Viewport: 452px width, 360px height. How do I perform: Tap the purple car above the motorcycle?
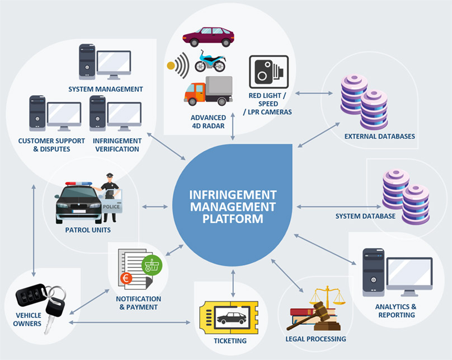pos(208,37)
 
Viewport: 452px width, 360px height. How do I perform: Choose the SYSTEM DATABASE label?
pos(365,216)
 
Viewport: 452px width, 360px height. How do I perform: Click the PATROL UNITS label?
pos(88,230)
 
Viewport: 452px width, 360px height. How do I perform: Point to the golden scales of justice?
pos(327,300)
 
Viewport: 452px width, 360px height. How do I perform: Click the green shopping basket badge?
pos(152,264)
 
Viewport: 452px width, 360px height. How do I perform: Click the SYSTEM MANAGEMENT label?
pos(106,89)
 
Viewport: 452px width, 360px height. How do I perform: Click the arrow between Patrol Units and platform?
pos(154,207)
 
